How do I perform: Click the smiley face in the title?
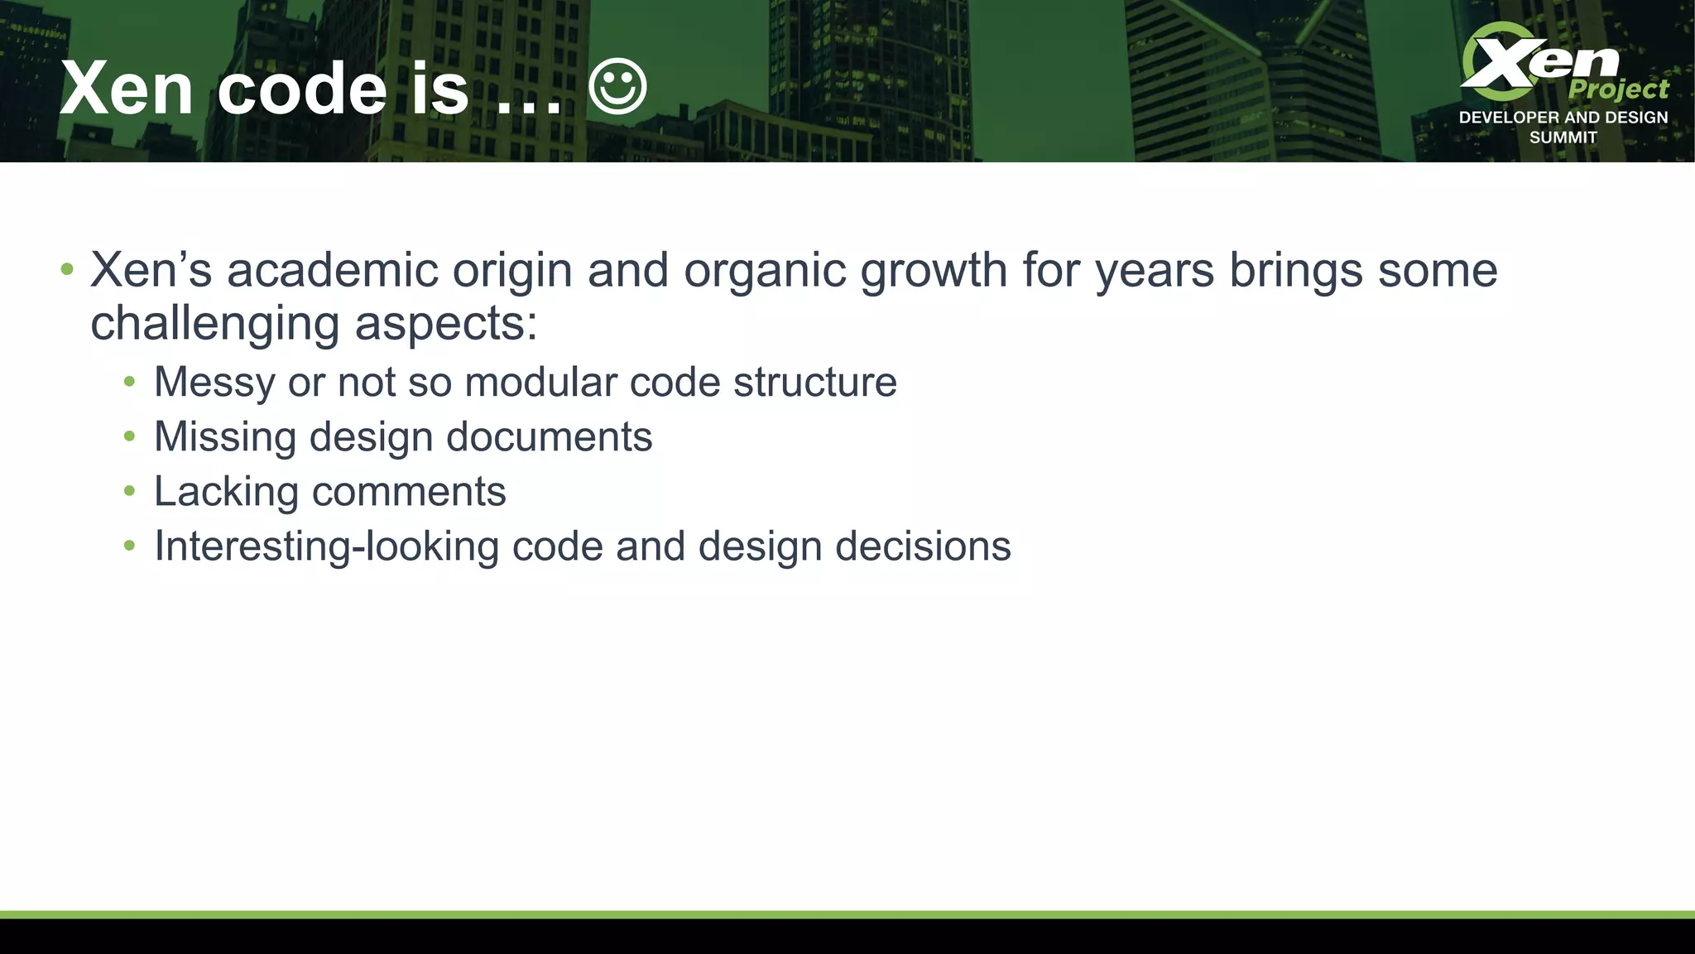pyautogui.click(x=617, y=86)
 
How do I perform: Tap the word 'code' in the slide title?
pyautogui.click(x=302, y=89)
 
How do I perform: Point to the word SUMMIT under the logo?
pyautogui.click(x=1563, y=137)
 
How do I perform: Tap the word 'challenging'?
pyautogui.click(x=214, y=323)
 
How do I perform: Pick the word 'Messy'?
pyautogui.click(x=214, y=383)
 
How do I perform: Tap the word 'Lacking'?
pyautogui.click(x=225, y=492)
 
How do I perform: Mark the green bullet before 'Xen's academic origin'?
pyautogui.click(x=67, y=269)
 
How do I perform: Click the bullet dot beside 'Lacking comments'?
pyautogui.click(x=129, y=491)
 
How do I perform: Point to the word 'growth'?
pyautogui.click(x=934, y=270)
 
